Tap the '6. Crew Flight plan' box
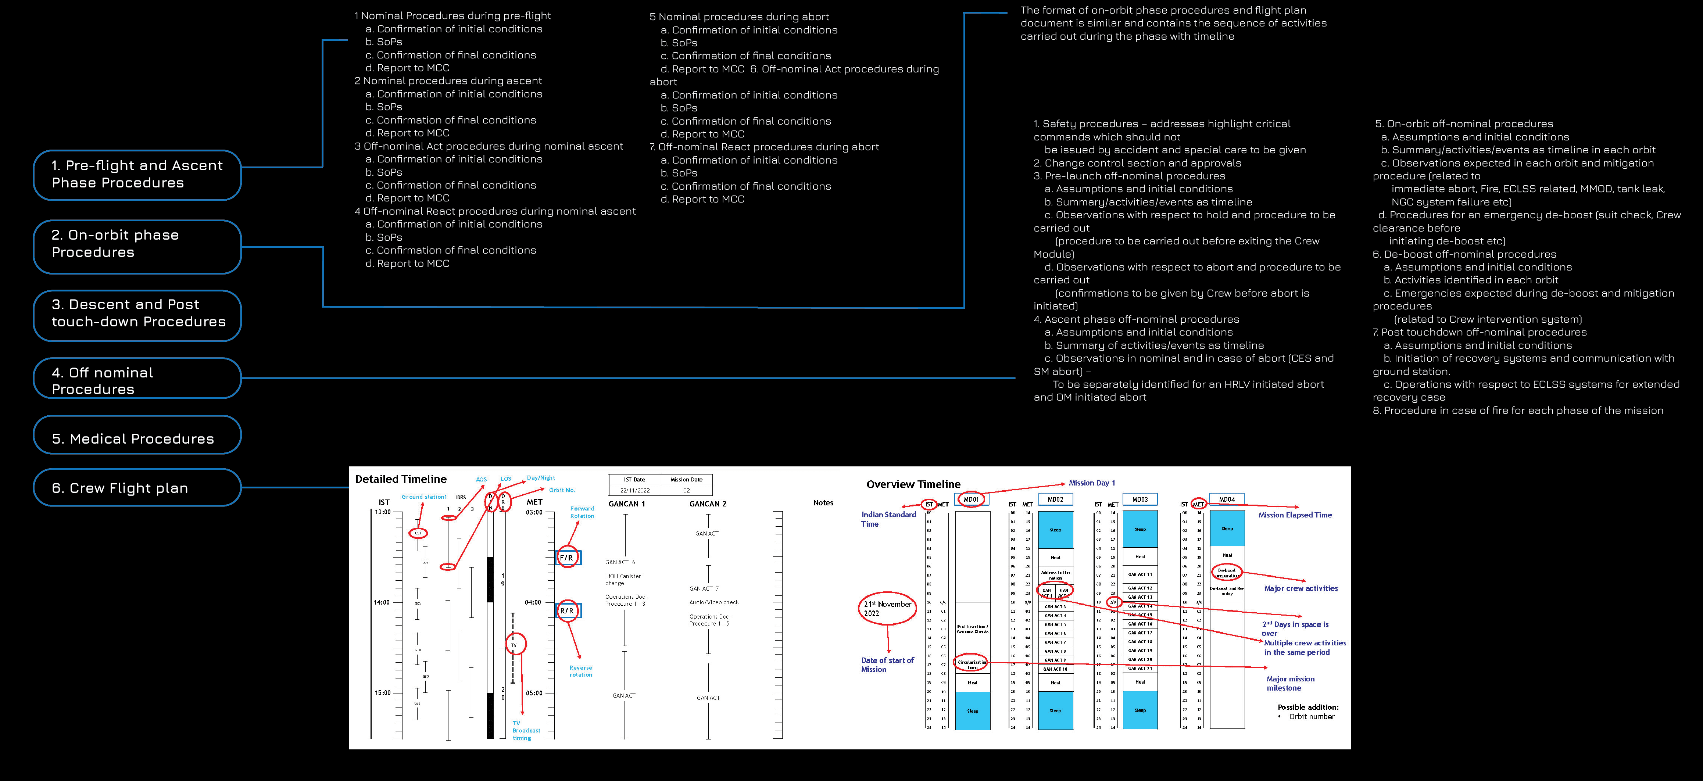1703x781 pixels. point(137,488)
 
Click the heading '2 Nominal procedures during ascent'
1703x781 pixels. point(448,80)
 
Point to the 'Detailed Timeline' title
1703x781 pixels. point(401,479)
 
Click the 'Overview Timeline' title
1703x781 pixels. point(913,484)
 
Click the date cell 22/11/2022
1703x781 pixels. point(635,490)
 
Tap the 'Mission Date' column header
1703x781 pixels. point(686,480)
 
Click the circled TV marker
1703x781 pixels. point(514,644)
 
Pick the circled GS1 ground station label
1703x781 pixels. point(418,533)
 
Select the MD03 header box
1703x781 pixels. point(1140,499)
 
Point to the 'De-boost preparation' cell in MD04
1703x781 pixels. point(1227,572)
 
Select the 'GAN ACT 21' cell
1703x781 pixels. point(1140,668)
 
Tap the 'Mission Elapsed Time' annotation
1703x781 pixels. point(1295,515)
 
